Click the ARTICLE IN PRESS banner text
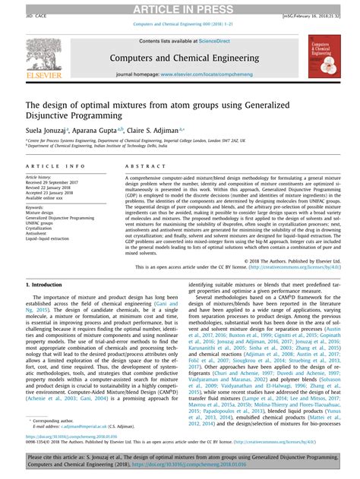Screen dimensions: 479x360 click(179, 8)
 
